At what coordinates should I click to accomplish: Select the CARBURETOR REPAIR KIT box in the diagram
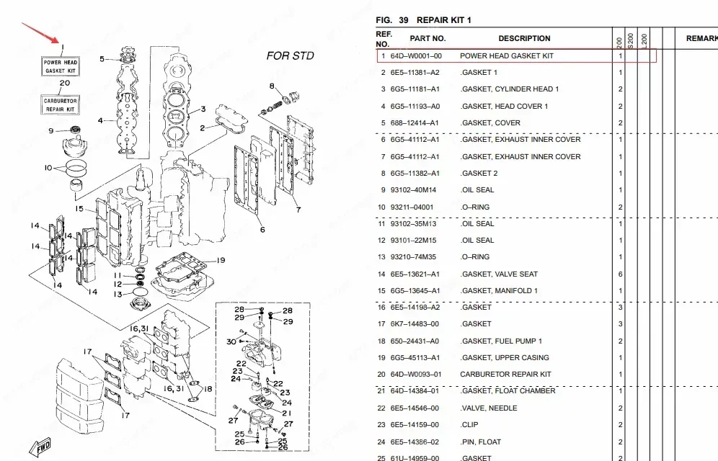click(x=61, y=105)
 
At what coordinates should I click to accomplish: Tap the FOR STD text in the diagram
click(x=290, y=55)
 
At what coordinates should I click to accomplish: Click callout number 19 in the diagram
click(x=221, y=260)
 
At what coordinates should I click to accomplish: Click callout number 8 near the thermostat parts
click(x=272, y=86)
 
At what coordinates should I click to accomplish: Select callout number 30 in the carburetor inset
click(x=231, y=341)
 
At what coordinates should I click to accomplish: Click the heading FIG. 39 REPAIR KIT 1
click(x=423, y=20)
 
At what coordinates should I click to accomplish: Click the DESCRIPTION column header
click(x=524, y=38)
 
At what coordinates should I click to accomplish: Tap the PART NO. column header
click(x=427, y=38)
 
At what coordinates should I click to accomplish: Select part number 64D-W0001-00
click(x=416, y=55)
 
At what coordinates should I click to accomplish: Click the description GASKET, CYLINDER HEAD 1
click(x=510, y=89)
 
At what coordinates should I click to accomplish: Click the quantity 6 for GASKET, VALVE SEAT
click(x=620, y=274)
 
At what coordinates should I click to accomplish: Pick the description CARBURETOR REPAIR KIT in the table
click(x=505, y=375)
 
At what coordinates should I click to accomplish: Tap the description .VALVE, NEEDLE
click(x=489, y=408)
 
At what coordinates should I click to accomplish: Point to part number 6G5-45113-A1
click(x=415, y=358)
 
